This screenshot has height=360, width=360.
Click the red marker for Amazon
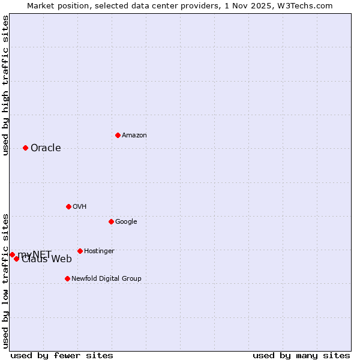click(118, 135)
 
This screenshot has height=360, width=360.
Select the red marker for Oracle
click(25, 148)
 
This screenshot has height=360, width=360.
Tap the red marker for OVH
click(68, 206)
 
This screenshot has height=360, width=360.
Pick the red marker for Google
click(111, 221)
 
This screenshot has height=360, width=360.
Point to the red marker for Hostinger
click(80, 251)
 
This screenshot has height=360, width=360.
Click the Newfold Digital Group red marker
click(67, 278)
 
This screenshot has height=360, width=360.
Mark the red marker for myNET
click(12, 254)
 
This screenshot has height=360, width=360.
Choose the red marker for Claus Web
click(16, 259)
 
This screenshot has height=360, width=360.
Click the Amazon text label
click(134, 136)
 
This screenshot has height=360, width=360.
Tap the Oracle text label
click(46, 148)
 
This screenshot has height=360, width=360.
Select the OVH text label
click(80, 207)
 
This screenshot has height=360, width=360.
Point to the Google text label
click(126, 222)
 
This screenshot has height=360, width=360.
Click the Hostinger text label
click(99, 251)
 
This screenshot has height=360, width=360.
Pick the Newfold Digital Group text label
click(106, 279)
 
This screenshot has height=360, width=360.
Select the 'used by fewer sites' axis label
click(62, 355)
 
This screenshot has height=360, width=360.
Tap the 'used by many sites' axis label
click(301, 355)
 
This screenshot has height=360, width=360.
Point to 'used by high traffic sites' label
click(5, 85)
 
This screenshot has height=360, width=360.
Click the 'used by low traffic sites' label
click(5, 280)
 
